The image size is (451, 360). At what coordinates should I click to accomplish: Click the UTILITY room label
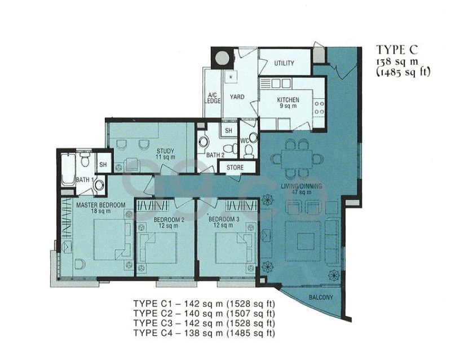point(284,63)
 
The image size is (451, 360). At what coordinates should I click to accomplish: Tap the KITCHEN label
point(288,100)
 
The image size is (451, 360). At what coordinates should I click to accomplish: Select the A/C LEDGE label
point(213,98)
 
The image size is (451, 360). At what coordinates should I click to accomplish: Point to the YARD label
point(237,96)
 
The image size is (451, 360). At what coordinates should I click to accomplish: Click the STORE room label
point(235,168)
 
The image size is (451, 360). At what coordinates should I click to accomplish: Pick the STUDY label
point(165,151)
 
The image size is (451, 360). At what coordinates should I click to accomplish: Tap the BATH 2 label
point(215,155)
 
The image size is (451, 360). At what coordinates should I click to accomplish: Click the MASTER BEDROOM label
point(101,205)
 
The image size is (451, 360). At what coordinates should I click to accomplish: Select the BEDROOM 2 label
point(169,219)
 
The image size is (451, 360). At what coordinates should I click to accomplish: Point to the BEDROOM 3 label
point(224,219)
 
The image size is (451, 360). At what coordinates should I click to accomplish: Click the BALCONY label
point(321,297)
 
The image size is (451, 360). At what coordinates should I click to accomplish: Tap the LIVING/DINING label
point(302,186)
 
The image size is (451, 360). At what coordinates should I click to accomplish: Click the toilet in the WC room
point(249,151)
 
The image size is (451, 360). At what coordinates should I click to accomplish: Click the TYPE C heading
point(397,50)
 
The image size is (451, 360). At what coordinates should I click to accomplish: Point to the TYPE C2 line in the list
point(204,313)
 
